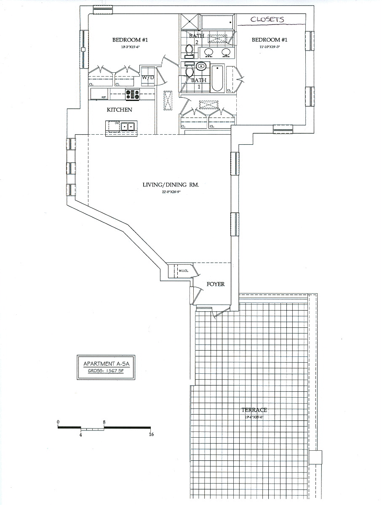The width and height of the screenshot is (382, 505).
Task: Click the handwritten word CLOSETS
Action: [x=267, y=19]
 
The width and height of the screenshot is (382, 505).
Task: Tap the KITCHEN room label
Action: [x=119, y=110]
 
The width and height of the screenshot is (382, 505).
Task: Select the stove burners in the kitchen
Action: [x=132, y=95]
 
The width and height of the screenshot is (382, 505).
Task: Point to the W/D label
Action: [x=147, y=78]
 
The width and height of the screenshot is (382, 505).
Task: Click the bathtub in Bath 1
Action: [x=217, y=78]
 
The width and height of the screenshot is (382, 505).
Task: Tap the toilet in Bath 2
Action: [x=189, y=51]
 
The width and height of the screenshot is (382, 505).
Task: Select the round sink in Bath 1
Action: [x=201, y=66]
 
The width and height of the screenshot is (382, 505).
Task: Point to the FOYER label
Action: [x=216, y=284]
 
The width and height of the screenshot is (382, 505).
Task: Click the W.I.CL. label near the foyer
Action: [x=183, y=271]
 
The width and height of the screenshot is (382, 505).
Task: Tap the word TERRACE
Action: [x=254, y=410]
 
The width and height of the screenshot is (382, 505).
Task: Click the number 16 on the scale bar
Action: [x=151, y=435]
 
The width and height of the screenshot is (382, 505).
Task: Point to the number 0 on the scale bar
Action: [x=58, y=422]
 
